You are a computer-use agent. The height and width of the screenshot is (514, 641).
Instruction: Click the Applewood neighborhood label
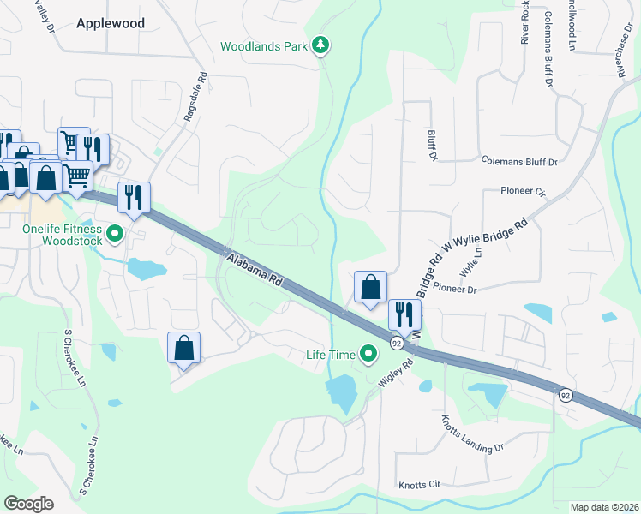[111, 24]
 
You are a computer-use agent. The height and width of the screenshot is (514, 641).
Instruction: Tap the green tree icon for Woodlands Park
[320, 45]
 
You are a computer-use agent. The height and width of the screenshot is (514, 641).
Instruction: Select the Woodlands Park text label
[262, 46]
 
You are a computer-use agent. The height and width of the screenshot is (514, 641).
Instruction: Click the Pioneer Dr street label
[454, 290]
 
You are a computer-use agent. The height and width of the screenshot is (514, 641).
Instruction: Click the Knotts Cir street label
[419, 485]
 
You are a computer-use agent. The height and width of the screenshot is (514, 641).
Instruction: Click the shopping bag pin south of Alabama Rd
[183, 348]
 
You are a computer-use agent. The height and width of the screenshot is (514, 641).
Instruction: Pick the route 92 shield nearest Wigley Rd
[397, 343]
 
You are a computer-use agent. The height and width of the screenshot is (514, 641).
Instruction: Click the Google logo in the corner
[28, 503]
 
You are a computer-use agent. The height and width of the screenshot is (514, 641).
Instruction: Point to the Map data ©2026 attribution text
[603, 507]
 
